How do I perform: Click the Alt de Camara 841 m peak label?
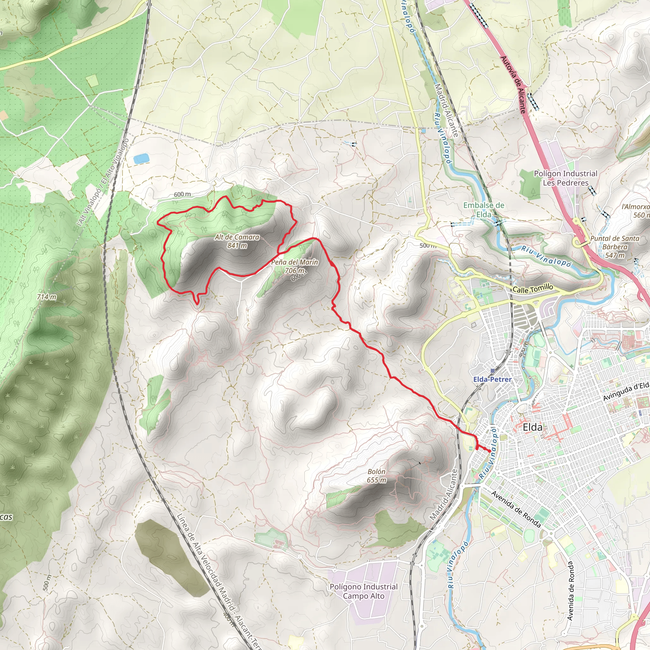click(x=237, y=241)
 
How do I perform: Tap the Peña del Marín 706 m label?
click(x=295, y=266)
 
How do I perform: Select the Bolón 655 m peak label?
click(x=376, y=476)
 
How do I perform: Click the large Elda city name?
click(x=533, y=427)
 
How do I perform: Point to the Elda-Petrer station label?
click(x=492, y=380)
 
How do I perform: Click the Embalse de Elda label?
click(x=483, y=209)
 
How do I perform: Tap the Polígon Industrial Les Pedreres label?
click(x=566, y=178)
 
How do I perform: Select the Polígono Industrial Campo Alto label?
click(x=363, y=591)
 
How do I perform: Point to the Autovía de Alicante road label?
click(x=513, y=84)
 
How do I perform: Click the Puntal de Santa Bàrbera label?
click(x=615, y=247)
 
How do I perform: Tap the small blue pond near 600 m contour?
click(x=141, y=159)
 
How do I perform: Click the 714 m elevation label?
click(x=47, y=297)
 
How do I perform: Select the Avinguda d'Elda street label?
click(x=626, y=392)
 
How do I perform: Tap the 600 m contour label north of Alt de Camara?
click(x=182, y=195)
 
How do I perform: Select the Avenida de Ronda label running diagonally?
click(x=516, y=509)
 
